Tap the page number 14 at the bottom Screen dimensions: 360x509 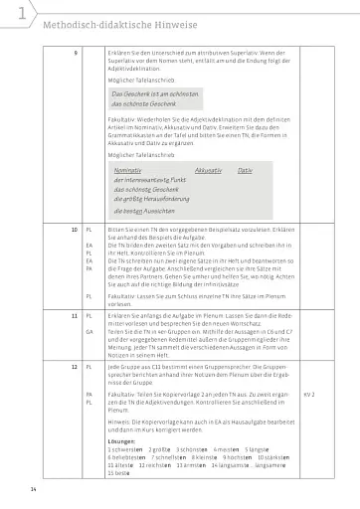[x=33, y=489]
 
